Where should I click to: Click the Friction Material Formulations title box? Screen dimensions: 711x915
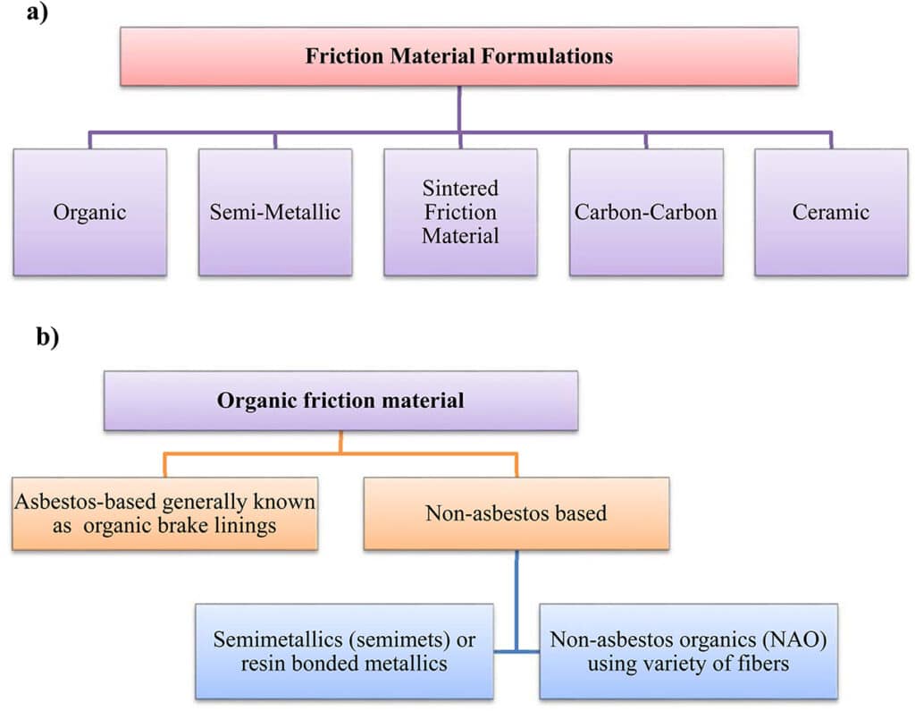pyautogui.click(x=459, y=55)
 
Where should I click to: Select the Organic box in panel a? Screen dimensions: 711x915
pyautogui.click(x=89, y=212)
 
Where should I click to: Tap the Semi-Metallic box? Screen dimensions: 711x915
pyautogui.click(x=274, y=212)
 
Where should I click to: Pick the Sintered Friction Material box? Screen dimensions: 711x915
pyautogui.click(x=460, y=212)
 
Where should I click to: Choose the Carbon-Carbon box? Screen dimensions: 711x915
pyautogui.click(x=645, y=212)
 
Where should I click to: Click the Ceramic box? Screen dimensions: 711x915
pyautogui.click(x=830, y=212)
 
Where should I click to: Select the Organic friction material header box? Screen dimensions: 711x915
pyautogui.click(x=340, y=400)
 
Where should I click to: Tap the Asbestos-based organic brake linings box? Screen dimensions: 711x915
pyautogui.click(x=164, y=513)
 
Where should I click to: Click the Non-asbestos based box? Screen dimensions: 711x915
pyautogui.click(x=516, y=513)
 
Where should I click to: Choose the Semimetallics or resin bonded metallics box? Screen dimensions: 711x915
pyautogui.click(x=344, y=651)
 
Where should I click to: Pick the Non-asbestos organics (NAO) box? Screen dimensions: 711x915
pyautogui.click(x=688, y=651)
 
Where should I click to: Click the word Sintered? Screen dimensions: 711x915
pyautogui.click(x=460, y=189)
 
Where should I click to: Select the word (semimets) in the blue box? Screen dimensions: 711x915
pyautogui.click(x=407, y=640)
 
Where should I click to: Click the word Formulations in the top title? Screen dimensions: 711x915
pyautogui.click(x=556, y=55)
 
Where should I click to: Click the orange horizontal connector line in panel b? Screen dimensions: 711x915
pyautogui.click(x=340, y=454)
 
